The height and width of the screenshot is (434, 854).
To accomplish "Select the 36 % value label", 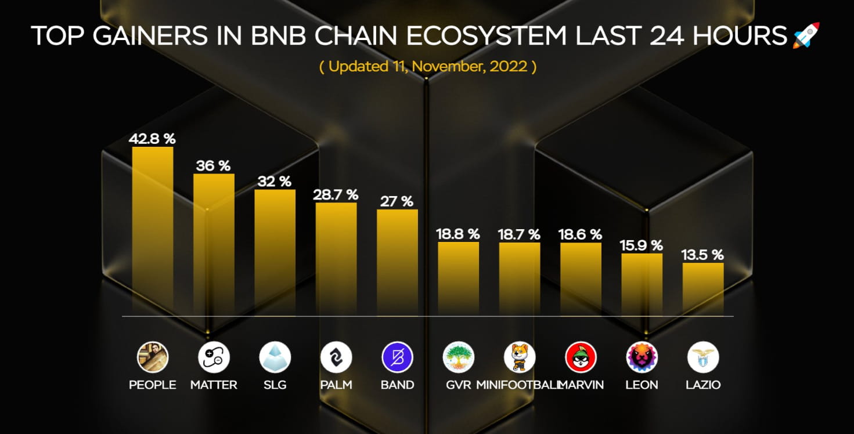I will [213, 165].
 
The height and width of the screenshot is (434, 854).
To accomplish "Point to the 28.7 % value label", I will [336, 194].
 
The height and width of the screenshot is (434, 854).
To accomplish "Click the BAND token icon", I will [397, 357].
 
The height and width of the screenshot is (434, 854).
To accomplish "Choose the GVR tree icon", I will [458, 357].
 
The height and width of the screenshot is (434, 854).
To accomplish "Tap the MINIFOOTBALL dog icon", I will [520, 357].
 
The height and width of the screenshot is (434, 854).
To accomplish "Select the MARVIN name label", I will [581, 385].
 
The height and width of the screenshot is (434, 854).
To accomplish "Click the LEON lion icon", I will [642, 357].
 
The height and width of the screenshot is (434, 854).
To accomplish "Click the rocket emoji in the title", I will [806, 35].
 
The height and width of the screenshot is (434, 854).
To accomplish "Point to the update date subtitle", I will [427, 66].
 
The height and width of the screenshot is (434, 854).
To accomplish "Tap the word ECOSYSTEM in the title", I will [486, 36].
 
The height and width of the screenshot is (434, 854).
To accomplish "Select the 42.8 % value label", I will [152, 139].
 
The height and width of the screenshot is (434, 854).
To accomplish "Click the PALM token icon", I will [336, 357].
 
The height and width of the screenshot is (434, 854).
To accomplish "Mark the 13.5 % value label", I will [702, 255].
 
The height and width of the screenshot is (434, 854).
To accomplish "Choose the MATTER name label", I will [214, 385].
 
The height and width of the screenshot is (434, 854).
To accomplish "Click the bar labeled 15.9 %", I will [642, 284].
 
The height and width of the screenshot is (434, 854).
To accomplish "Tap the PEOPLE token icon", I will [153, 357].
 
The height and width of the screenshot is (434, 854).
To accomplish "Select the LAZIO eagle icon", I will [702, 357].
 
